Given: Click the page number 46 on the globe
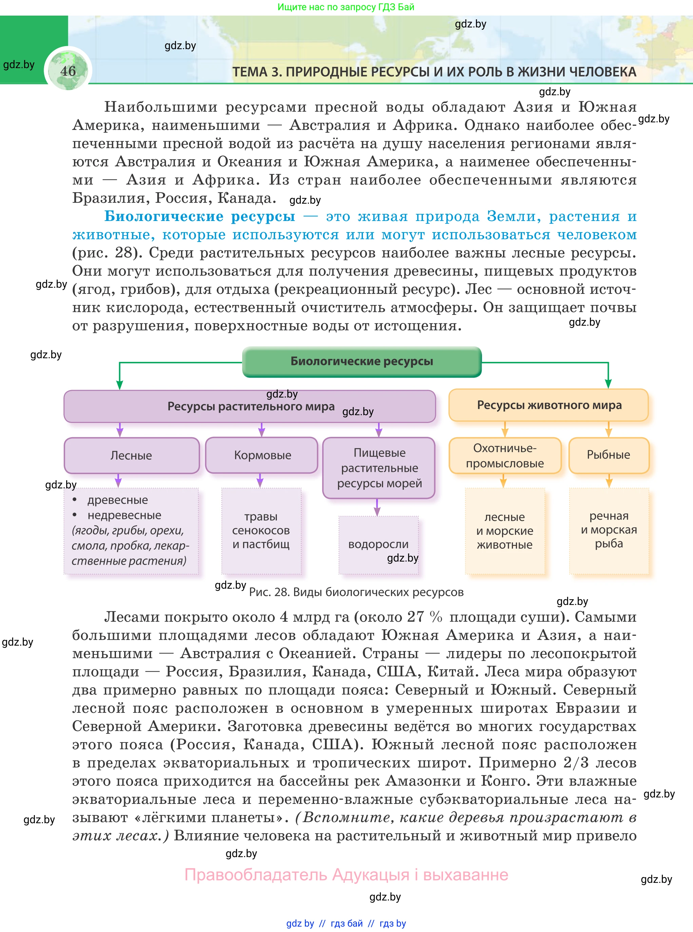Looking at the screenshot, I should click(x=68, y=71).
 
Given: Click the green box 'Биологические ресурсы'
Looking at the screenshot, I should click(x=362, y=361).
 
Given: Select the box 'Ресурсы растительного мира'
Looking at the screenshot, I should click(x=250, y=406).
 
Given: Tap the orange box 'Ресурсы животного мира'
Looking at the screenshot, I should click(x=549, y=405).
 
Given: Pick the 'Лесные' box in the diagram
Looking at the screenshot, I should click(x=131, y=455).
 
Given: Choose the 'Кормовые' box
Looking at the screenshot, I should click(x=262, y=455).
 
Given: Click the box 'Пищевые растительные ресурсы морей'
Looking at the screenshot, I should click(x=379, y=468).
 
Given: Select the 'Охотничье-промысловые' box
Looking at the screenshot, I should click(x=505, y=455).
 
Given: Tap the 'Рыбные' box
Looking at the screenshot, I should click(x=608, y=455).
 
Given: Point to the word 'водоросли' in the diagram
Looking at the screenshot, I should click(x=378, y=544).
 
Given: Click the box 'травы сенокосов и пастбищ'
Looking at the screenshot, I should click(x=261, y=530).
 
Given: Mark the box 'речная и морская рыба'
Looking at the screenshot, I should click(x=609, y=530).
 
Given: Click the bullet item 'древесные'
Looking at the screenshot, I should click(x=117, y=500).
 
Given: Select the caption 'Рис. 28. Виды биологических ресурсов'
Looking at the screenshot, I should click(x=356, y=592).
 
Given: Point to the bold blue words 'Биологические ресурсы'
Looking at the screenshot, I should click(x=200, y=216).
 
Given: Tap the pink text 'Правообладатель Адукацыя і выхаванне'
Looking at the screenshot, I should click(x=346, y=875).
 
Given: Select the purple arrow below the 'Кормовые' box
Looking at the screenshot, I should click(x=260, y=481).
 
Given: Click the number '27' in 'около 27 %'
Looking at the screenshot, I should click(x=415, y=617).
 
